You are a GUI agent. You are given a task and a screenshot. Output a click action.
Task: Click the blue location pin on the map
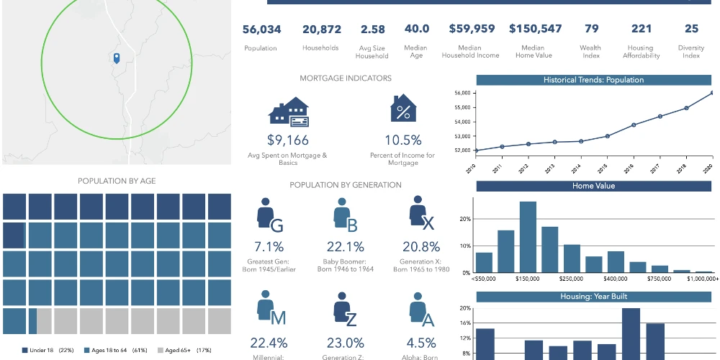click(117, 58)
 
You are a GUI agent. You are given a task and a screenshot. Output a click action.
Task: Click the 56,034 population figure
click(262, 30)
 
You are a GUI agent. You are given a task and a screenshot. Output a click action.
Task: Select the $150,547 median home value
click(535, 29)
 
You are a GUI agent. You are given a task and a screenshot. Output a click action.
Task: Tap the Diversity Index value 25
click(691, 29)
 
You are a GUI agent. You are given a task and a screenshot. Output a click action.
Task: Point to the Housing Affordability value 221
click(642, 29)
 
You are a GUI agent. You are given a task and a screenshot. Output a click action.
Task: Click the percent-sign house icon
click(403, 108)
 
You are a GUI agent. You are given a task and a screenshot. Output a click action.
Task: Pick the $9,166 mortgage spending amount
click(288, 140)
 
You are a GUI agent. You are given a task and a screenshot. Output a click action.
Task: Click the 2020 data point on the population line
click(712, 93)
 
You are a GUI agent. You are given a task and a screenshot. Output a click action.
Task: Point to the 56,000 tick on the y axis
click(462, 93)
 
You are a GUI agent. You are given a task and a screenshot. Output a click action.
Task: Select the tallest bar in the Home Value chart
click(528, 237)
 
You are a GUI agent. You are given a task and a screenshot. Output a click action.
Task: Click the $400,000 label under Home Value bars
click(616, 279)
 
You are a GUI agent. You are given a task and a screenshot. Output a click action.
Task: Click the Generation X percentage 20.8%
click(421, 247)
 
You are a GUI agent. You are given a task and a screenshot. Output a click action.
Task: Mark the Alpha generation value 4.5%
click(421, 343)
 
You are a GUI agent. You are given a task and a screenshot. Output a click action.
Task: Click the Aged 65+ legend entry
click(184, 351)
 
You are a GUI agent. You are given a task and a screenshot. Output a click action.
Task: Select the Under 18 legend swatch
click(24, 351)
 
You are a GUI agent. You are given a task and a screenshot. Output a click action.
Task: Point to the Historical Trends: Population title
click(593, 80)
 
